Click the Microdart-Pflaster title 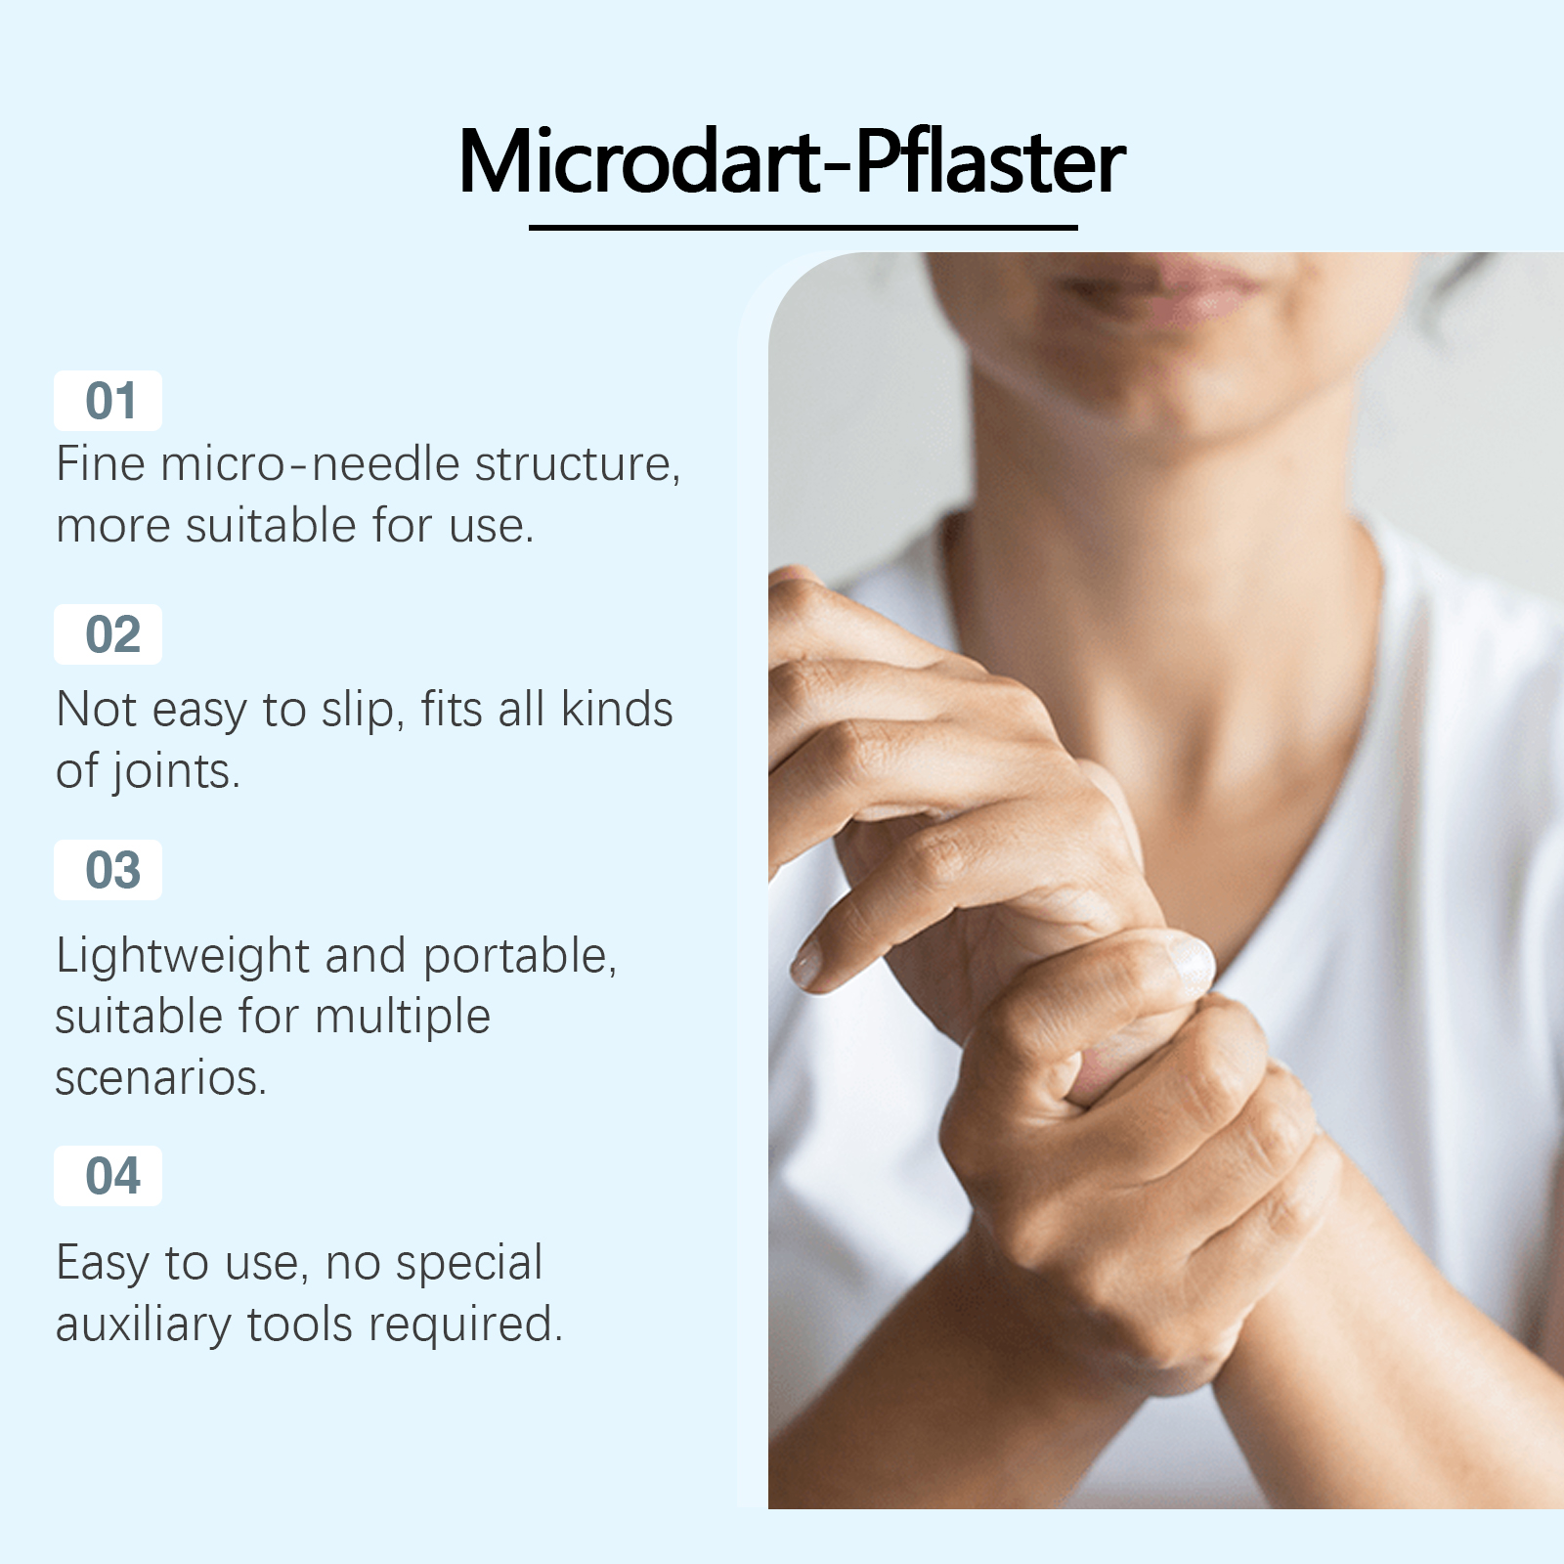coord(792,161)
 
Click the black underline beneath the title coord(803,228)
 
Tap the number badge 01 coord(108,401)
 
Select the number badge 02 coord(108,635)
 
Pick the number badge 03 coord(108,870)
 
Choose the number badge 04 coord(108,1176)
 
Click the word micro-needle coord(311,463)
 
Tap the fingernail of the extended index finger coord(807,962)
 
